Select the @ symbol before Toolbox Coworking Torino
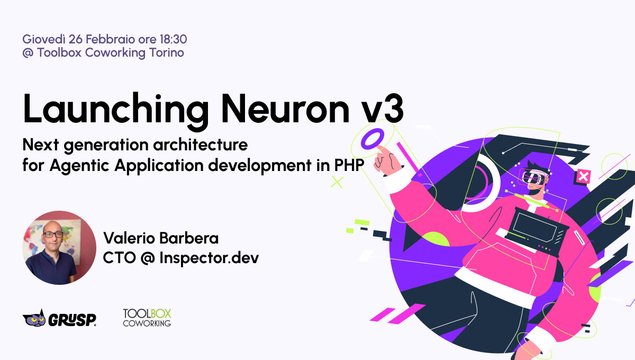[28, 53]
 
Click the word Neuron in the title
[285, 109]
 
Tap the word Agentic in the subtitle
[79, 165]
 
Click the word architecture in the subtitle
[201, 145]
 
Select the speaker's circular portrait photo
[59, 247]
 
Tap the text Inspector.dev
[209, 258]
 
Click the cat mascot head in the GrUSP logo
[34, 319]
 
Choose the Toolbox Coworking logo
[147, 318]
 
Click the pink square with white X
[583, 177]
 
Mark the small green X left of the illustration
[337, 182]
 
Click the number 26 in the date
[75, 39]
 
